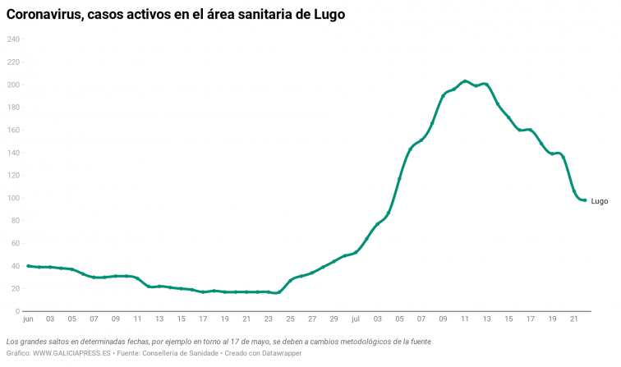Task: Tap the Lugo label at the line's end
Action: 599,201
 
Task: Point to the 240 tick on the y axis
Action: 13,39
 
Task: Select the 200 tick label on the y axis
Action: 13,85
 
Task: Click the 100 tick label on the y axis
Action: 13,198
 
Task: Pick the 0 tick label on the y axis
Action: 17,311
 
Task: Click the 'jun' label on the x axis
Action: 28,319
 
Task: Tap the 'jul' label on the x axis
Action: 356,319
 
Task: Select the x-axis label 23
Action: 268,319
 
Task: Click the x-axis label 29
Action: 333,319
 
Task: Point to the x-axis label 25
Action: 290,319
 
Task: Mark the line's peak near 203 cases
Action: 465,81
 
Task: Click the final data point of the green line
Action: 584,200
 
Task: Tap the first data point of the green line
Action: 28,266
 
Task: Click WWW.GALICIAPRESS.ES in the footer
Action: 70,353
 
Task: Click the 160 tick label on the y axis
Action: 13,130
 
